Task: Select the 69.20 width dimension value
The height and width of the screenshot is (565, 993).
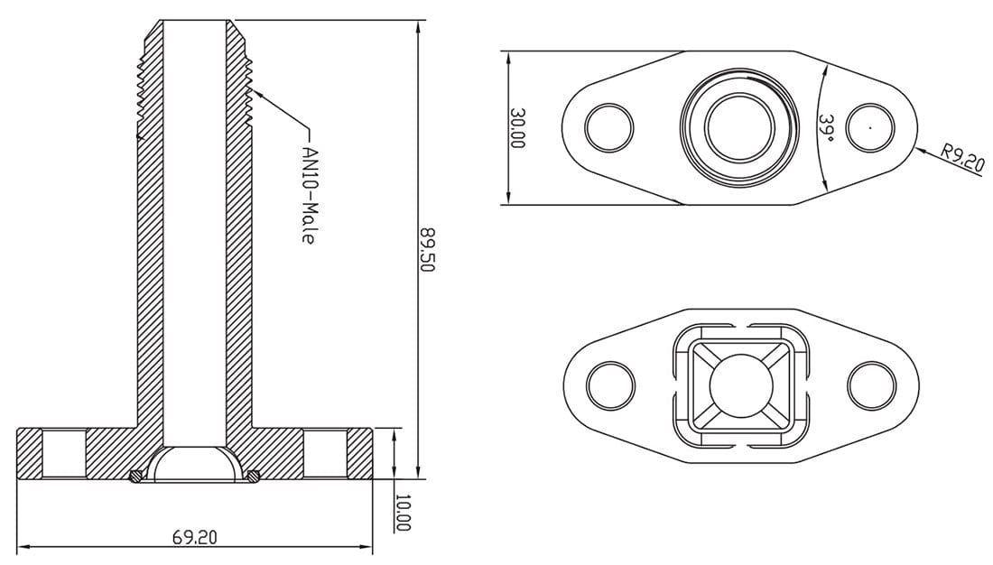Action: [195, 537]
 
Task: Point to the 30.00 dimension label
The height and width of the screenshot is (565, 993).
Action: [518, 128]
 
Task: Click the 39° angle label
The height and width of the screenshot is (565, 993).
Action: [824, 127]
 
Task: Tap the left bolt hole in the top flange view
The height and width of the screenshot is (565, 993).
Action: [609, 127]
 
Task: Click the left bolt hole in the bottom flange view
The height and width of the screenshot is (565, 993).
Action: [609, 385]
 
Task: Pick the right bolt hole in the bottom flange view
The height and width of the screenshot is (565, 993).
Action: [870, 385]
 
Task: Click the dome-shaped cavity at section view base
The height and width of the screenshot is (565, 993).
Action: [194, 464]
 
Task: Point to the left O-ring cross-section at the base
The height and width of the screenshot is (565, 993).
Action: [135, 476]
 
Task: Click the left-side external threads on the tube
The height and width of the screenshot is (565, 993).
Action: [140, 90]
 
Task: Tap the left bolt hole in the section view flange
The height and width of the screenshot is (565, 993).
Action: [64, 454]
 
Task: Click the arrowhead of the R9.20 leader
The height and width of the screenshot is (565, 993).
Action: [917, 147]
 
